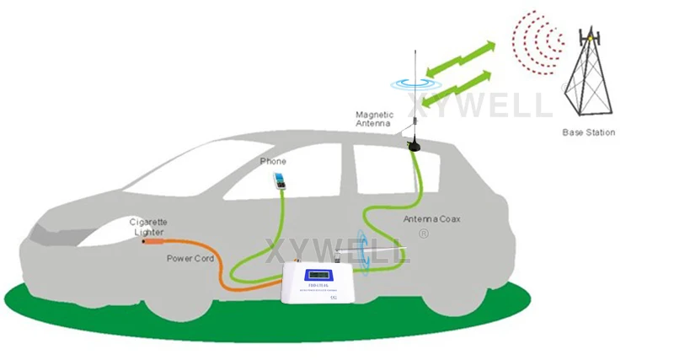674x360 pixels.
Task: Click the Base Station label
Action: point(588,132)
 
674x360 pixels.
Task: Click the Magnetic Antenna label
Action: point(374,119)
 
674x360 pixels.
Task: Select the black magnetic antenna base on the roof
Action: point(415,143)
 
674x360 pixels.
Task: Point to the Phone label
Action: point(274,161)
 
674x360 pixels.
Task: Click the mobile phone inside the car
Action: point(277,180)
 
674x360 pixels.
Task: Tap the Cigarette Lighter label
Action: point(147,226)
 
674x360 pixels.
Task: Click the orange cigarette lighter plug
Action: point(152,241)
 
